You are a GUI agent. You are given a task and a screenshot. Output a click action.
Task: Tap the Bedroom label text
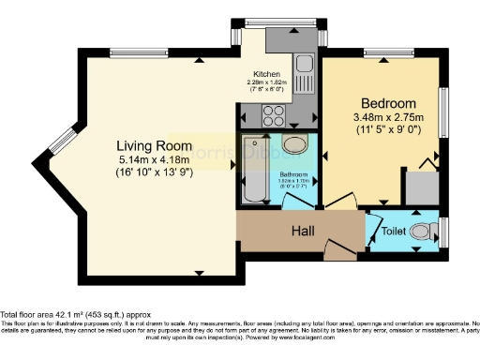coord(388,102)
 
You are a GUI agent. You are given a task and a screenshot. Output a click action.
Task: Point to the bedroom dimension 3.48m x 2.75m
coord(388,117)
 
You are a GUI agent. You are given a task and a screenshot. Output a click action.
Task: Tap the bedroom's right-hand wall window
coord(445,112)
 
